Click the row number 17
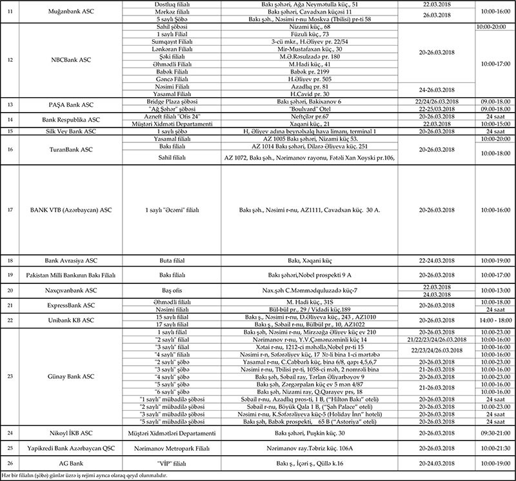[x=10, y=209]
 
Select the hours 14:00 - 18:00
[x=495, y=319]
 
